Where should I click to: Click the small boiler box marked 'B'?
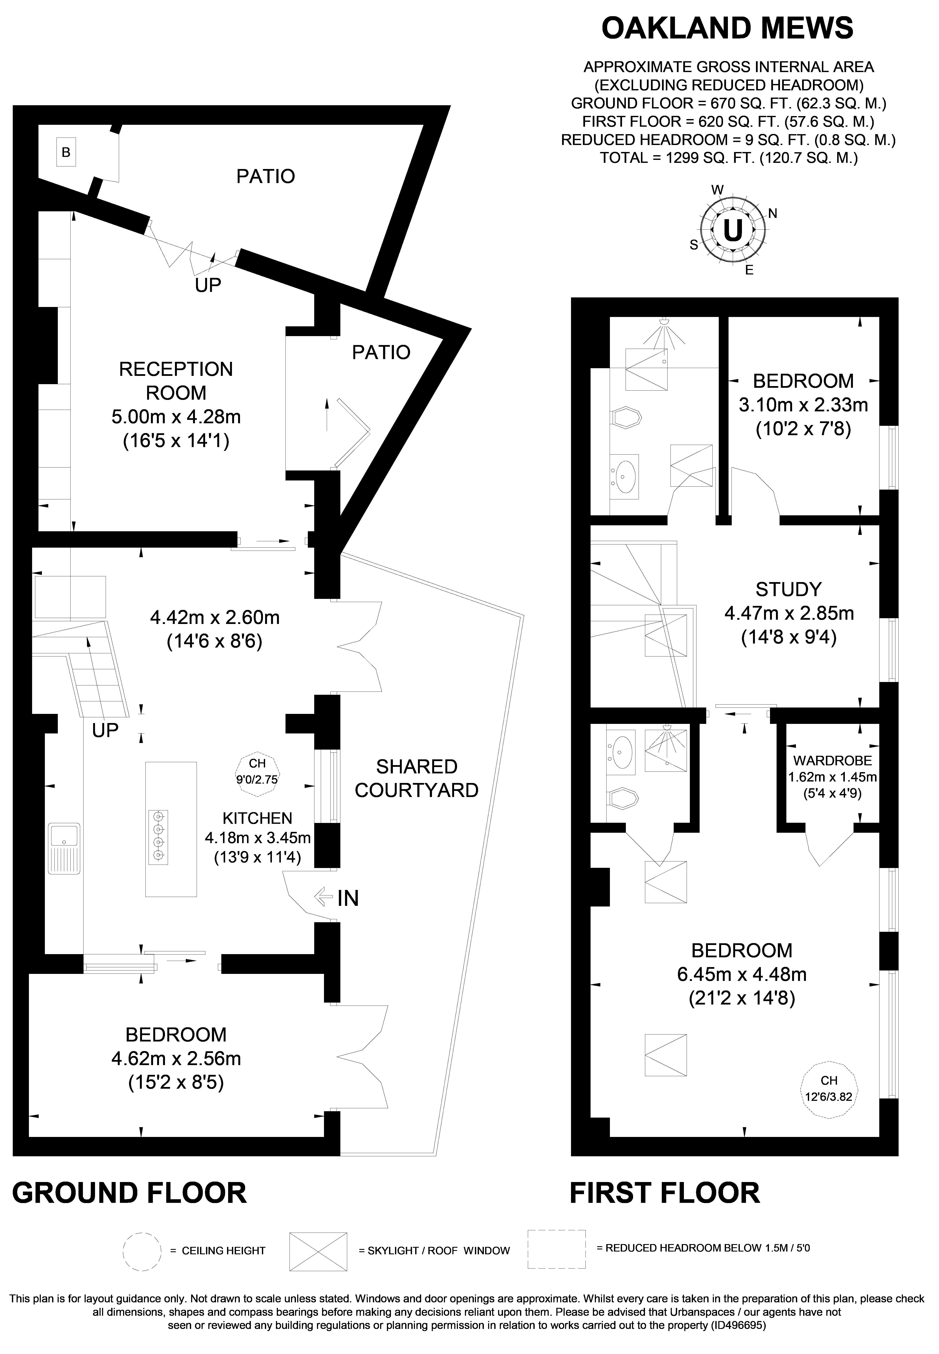point(66,152)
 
